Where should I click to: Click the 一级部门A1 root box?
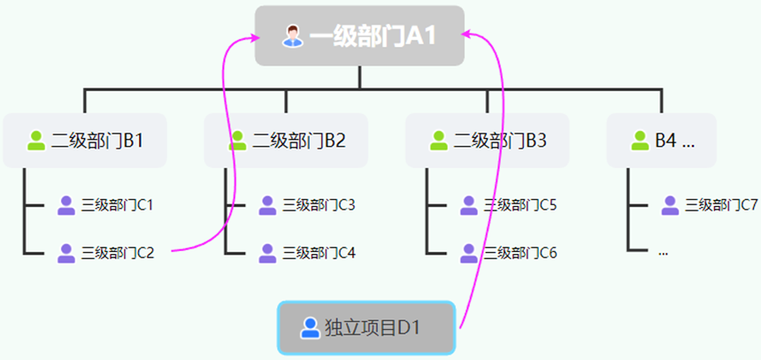(359, 35)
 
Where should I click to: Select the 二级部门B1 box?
(85, 140)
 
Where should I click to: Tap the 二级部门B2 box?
(286, 140)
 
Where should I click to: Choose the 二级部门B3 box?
(488, 140)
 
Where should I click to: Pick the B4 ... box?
(661, 140)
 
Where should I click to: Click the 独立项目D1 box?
(366, 328)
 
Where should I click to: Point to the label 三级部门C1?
(118, 205)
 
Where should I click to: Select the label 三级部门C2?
(118, 253)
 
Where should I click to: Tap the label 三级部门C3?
(319, 205)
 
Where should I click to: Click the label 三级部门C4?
(319, 253)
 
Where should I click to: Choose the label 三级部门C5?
(520, 205)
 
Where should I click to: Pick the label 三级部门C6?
(520, 253)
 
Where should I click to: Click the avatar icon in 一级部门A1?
(292, 36)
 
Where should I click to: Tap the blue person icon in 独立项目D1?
(310, 328)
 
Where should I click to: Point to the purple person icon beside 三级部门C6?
(469, 253)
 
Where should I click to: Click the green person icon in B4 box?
(641, 140)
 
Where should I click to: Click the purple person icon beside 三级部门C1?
(66, 205)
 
